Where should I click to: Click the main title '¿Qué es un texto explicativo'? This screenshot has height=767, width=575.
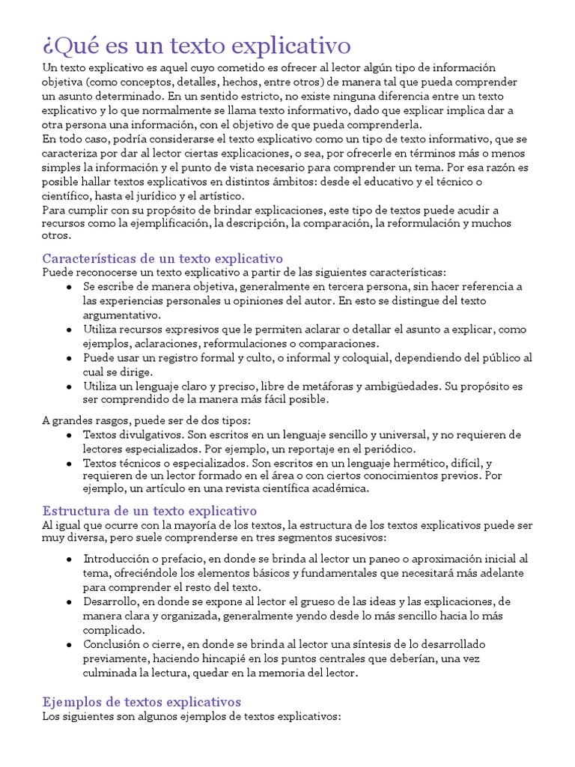point(196,46)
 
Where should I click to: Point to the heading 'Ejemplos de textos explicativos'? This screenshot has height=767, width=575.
point(142,702)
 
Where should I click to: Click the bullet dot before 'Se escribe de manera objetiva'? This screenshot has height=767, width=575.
point(69,287)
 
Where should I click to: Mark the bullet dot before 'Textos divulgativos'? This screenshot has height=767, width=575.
point(69,434)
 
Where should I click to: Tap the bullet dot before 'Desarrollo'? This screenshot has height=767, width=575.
point(69,601)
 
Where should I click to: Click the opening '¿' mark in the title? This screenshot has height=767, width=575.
point(46,46)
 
